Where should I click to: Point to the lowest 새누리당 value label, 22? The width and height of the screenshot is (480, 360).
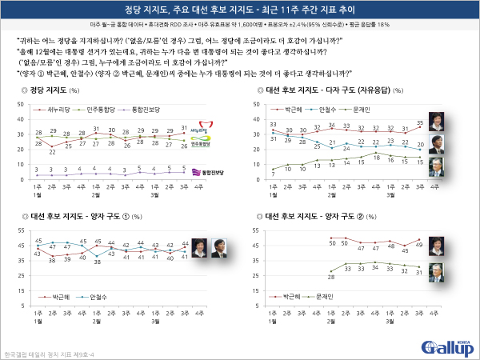52,151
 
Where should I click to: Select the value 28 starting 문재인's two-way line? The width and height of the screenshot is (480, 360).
331,276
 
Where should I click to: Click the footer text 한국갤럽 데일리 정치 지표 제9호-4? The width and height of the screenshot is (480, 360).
41,353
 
